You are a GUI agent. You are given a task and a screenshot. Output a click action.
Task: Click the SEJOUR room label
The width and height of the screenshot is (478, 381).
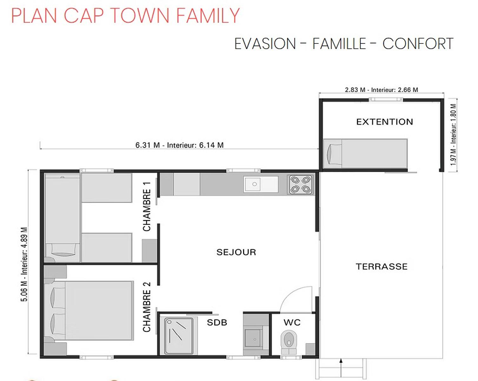coord(236,252)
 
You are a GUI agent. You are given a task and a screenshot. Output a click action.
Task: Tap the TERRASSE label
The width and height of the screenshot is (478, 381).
coord(382,266)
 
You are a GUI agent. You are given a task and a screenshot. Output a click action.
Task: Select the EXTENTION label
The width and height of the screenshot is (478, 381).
coord(384,122)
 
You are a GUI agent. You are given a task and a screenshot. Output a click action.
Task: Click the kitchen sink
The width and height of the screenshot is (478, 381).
coord(261,184)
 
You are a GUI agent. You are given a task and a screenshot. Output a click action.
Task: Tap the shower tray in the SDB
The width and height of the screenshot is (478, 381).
coord(179,336)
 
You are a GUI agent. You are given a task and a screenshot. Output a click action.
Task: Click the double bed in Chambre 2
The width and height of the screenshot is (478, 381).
coord(89,311)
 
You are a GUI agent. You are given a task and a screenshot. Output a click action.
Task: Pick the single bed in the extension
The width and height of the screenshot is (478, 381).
coord(365,153)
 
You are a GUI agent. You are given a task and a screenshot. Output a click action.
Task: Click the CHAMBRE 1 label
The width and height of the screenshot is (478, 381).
coord(147,207)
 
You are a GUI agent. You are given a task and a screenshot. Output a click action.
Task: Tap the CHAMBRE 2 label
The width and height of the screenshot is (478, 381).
coord(147,307)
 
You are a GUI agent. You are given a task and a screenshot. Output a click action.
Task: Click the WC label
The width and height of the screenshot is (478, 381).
coord(292,322)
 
